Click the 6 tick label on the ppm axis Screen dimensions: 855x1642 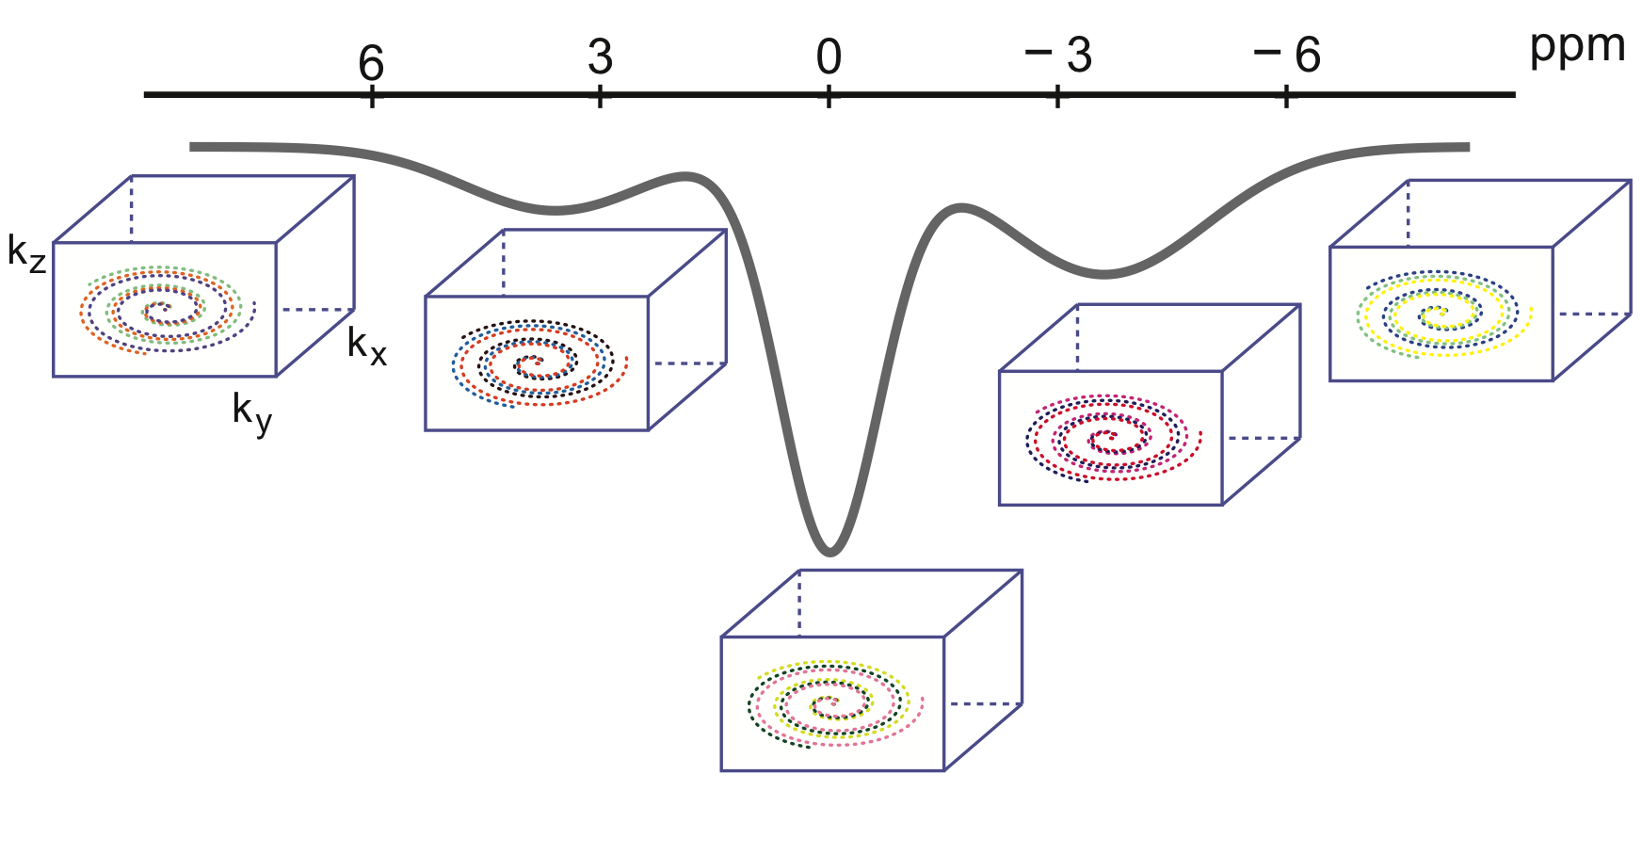pyautogui.click(x=371, y=62)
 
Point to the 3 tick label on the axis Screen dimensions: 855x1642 pyautogui.click(x=600, y=56)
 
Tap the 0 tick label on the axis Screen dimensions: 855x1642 pyautogui.click(x=829, y=56)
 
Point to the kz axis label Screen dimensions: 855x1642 pyautogui.click(x=25, y=252)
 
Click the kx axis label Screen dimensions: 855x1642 pyautogui.click(x=366, y=346)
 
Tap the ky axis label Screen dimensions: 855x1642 pyautogui.click(x=251, y=412)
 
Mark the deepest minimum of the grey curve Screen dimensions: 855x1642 pyautogui.click(x=829, y=551)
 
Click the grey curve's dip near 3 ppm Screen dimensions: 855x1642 pyautogui.click(x=555, y=209)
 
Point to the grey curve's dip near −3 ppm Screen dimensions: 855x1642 pyautogui.click(x=1103, y=274)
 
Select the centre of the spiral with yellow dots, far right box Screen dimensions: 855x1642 pyautogui.click(x=1438, y=314)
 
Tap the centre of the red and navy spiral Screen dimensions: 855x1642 pyautogui.click(x=1107, y=436)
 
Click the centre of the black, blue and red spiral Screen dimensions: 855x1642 pyautogui.click(x=534, y=363)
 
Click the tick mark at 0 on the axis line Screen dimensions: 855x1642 pyautogui.click(x=829, y=95)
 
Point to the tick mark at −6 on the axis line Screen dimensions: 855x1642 pyautogui.click(x=1287, y=95)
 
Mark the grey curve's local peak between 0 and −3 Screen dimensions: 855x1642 pyautogui.click(x=959, y=206)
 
